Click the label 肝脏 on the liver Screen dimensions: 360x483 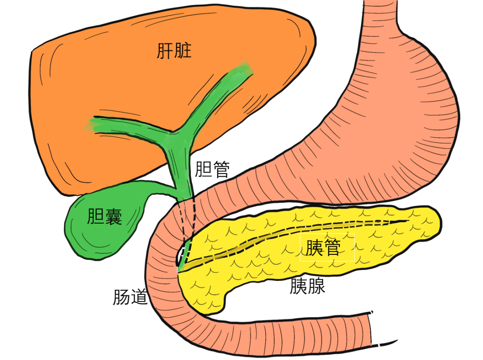tap(174, 51)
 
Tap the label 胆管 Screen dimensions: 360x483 tap(212, 169)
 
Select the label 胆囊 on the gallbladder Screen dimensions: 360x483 tap(105, 216)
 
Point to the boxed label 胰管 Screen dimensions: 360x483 tap(327, 247)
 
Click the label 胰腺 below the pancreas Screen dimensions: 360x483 tap(307, 286)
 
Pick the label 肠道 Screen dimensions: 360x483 tap(130, 297)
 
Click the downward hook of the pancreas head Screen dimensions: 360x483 tap(210, 302)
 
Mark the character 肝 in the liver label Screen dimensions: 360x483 tap(165, 51)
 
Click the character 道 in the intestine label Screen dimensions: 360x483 tap(139, 297)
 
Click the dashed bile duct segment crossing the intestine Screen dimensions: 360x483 tap(188, 219)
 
